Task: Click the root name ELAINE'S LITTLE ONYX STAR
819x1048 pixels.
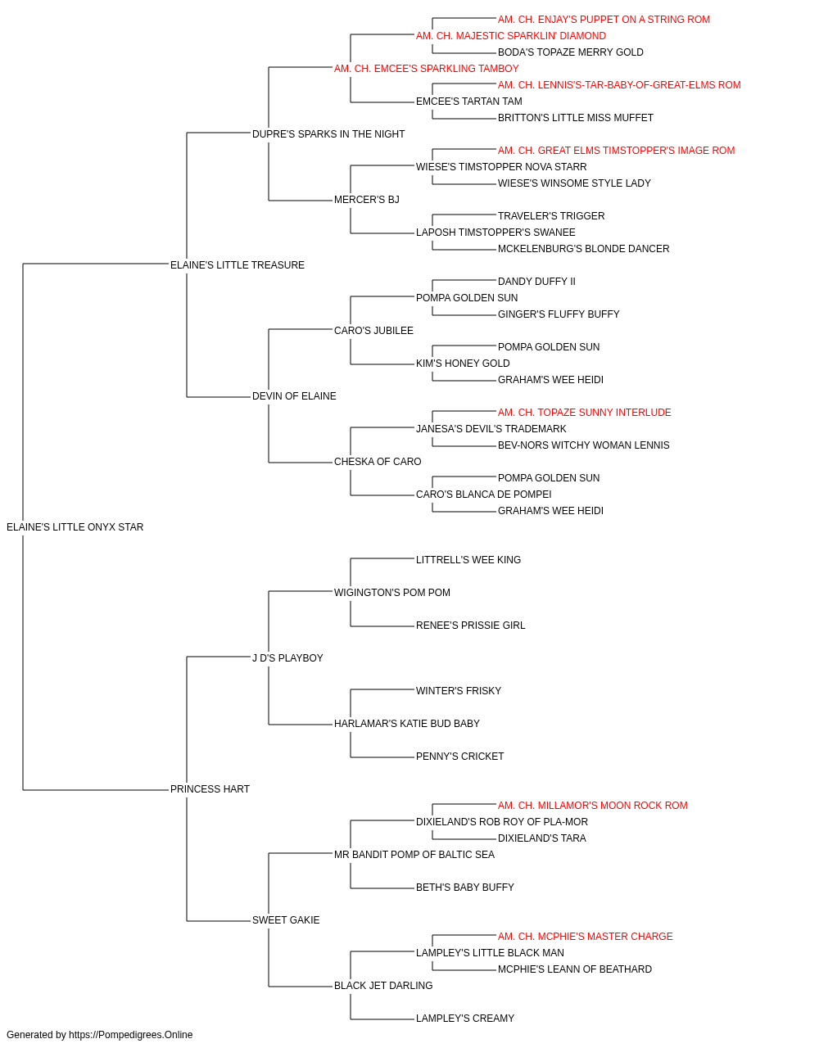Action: (x=75, y=527)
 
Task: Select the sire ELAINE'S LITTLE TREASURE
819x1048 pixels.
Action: (x=238, y=265)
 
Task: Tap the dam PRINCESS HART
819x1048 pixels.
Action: (x=210, y=789)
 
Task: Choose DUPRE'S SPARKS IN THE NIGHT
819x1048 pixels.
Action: (x=328, y=134)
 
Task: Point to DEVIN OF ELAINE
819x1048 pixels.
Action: (x=294, y=396)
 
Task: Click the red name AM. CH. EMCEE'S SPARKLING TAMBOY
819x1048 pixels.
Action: (x=427, y=69)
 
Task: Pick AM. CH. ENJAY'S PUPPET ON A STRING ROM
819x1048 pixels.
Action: (x=604, y=20)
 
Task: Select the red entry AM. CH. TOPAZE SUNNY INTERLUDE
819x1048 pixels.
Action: (x=585, y=413)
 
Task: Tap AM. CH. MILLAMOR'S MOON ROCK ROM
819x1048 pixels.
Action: (x=593, y=806)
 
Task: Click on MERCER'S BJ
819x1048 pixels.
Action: (x=367, y=200)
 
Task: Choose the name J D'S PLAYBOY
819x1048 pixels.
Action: (x=287, y=658)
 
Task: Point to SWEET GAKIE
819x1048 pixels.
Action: (x=286, y=920)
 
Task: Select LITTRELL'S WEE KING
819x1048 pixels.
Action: (x=468, y=560)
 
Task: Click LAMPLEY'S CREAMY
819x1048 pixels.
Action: (x=465, y=1018)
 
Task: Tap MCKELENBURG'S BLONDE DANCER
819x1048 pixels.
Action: (x=584, y=249)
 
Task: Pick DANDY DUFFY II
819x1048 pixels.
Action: (x=536, y=282)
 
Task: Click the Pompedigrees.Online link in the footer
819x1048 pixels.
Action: (x=131, y=1035)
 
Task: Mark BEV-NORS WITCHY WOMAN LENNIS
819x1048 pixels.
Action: (x=584, y=445)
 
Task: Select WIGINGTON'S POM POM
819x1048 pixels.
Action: (x=392, y=593)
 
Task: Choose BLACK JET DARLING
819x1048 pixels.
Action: (x=383, y=985)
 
